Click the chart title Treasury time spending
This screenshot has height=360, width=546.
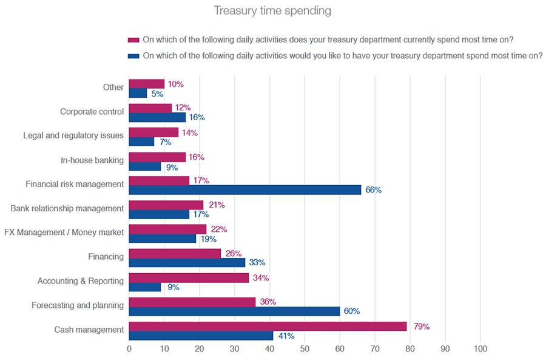[272, 11]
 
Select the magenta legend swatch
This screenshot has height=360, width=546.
[133, 40]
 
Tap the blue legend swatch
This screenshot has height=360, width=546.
[133, 55]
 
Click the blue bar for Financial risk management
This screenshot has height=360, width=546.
[245, 190]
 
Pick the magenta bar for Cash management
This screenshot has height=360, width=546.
[268, 326]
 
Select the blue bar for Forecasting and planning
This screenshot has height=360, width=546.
[234, 311]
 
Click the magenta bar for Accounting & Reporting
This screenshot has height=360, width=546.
[189, 277]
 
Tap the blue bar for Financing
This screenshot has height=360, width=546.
[187, 262]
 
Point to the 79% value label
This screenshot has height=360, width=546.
[420, 327]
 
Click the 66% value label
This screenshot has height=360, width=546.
[373, 190]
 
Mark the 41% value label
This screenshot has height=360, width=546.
[286, 336]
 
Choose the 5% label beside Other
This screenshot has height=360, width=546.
[156, 93]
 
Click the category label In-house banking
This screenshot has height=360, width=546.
[92, 160]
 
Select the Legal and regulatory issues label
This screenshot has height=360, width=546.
[73, 135]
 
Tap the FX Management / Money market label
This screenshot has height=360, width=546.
[64, 233]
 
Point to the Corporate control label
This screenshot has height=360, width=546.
[92, 112]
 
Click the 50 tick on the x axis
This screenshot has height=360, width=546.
[305, 349]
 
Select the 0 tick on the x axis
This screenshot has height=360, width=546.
[129, 349]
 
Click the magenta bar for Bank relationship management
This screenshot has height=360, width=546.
[166, 205]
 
